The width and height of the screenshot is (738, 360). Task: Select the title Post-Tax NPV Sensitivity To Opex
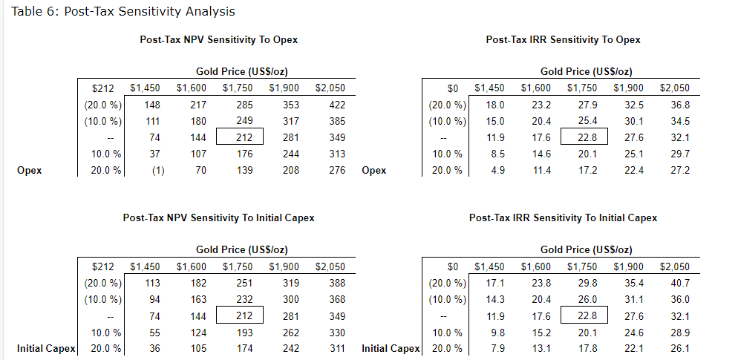(219, 39)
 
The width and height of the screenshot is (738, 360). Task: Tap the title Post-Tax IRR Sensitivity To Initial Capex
(563, 217)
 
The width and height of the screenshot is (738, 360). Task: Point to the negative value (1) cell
(145, 170)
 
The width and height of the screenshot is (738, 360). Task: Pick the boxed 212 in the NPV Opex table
(239, 137)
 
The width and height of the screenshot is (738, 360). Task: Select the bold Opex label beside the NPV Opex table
(29, 170)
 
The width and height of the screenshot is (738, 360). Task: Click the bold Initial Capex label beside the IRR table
(391, 348)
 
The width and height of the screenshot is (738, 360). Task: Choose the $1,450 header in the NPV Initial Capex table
(145, 266)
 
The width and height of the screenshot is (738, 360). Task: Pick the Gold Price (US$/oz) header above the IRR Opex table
(587, 71)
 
